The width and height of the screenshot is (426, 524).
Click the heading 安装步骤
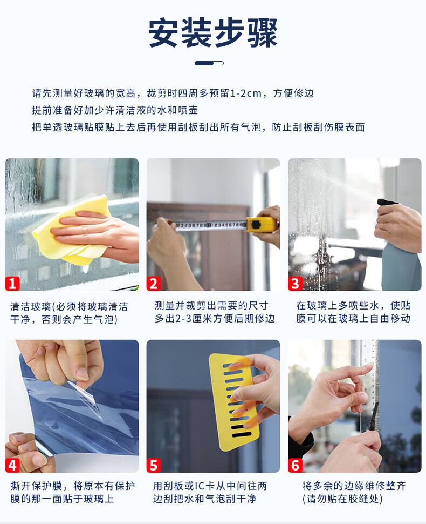213,33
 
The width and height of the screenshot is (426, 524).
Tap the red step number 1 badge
13,284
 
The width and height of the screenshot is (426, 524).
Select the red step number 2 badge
154,284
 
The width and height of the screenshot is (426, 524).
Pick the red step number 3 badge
295,284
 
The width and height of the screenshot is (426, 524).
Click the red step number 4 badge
13,465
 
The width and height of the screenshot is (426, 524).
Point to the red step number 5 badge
154,465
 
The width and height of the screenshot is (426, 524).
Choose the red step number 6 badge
295,465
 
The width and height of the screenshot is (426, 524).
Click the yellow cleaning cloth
72,230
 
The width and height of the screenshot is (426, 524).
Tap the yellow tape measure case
262,225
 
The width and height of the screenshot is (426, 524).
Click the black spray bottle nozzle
388,202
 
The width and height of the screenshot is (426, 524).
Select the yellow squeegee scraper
233,401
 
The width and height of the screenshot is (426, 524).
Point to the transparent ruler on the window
369,384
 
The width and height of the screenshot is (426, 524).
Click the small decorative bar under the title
209,63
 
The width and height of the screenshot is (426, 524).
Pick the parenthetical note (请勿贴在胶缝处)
342,499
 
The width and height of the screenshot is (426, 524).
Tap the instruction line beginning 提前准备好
115,110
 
